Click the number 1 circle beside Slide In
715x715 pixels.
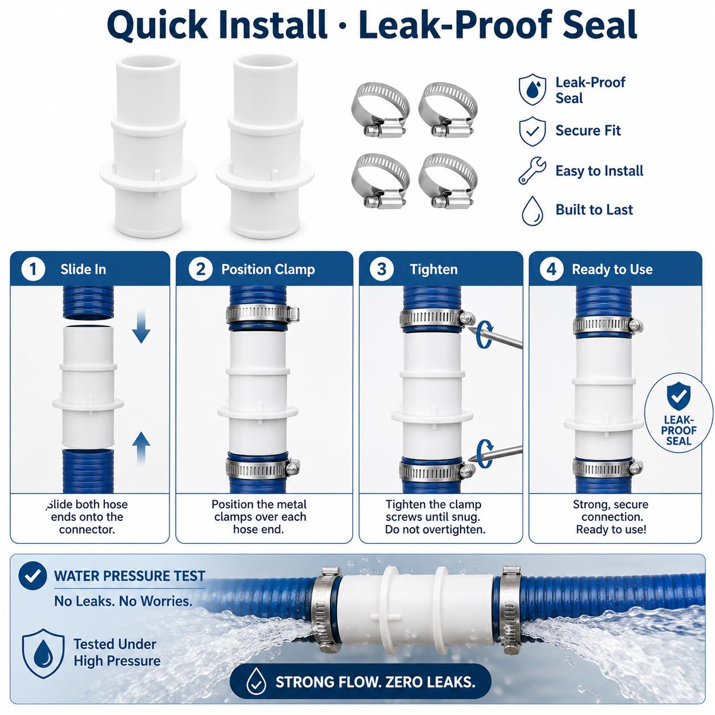click(33, 269)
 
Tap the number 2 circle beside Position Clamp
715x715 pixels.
click(200, 269)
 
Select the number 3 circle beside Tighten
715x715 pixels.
click(381, 269)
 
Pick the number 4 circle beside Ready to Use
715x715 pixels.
click(551, 269)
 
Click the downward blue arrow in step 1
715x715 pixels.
click(141, 327)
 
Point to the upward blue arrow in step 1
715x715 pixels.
click(141, 448)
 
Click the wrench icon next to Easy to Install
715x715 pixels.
click(532, 170)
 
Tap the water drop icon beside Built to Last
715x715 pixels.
click(533, 210)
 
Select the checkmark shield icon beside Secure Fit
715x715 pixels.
click(533, 131)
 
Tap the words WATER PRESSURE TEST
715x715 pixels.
click(129, 576)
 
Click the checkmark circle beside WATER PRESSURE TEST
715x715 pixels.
click(32, 576)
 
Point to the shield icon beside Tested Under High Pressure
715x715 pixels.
click(43, 653)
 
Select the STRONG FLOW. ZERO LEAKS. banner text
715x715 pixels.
click(375, 682)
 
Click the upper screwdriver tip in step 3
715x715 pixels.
click(469, 327)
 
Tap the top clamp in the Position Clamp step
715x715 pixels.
click(263, 314)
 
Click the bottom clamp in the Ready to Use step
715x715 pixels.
click(608, 468)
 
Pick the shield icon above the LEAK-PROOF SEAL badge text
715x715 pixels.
click(679, 396)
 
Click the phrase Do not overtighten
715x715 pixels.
click(435, 530)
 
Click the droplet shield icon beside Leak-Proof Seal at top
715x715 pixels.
click(533, 90)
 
